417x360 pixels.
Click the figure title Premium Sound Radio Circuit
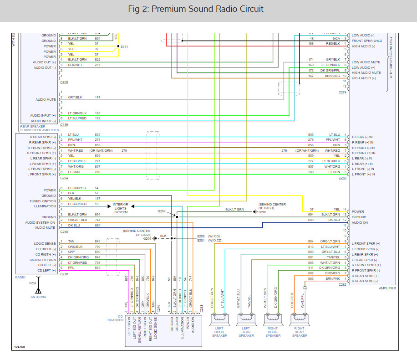208,9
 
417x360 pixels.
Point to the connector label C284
64,178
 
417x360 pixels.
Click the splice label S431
124,46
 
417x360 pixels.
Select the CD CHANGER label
116,318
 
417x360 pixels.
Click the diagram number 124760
20,346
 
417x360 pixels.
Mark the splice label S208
162,211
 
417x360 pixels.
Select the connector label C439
64,124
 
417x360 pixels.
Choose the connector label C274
342,93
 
